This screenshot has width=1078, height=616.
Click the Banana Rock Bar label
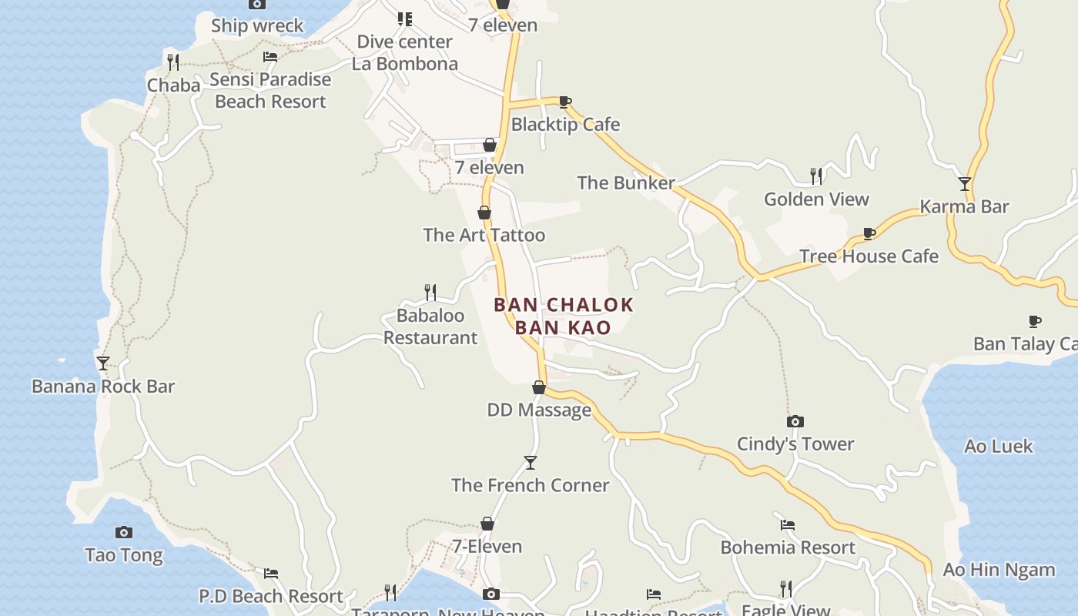(x=103, y=387)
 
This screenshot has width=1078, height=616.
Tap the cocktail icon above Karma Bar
(x=965, y=184)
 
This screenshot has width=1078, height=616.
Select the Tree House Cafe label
(x=869, y=256)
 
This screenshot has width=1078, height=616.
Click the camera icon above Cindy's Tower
(x=795, y=421)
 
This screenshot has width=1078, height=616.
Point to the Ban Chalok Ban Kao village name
(x=564, y=316)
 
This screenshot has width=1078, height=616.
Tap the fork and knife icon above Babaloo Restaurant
(x=430, y=293)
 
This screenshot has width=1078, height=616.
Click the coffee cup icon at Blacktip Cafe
(x=564, y=102)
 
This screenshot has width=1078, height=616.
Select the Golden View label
(x=816, y=199)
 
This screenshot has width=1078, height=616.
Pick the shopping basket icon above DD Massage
(x=539, y=387)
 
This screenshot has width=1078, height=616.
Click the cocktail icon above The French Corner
(x=530, y=463)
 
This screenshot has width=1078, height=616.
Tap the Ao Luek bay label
(x=999, y=447)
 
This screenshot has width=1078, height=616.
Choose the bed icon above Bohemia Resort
(x=787, y=525)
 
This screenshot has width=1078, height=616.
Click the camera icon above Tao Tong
(x=124, y=532)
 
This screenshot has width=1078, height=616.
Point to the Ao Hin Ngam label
(x=999, y=570)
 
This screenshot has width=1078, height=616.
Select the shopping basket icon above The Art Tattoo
(x=484, y=213)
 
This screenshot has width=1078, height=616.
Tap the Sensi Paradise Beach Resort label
(x=270, y=90)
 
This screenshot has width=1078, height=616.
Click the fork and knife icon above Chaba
(x=173, y=62)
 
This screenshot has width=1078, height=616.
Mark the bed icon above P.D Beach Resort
(x=270, y=574)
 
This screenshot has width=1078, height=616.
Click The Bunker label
(x=626, y=183)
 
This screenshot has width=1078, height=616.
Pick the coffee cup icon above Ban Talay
(x=1035, y=321)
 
